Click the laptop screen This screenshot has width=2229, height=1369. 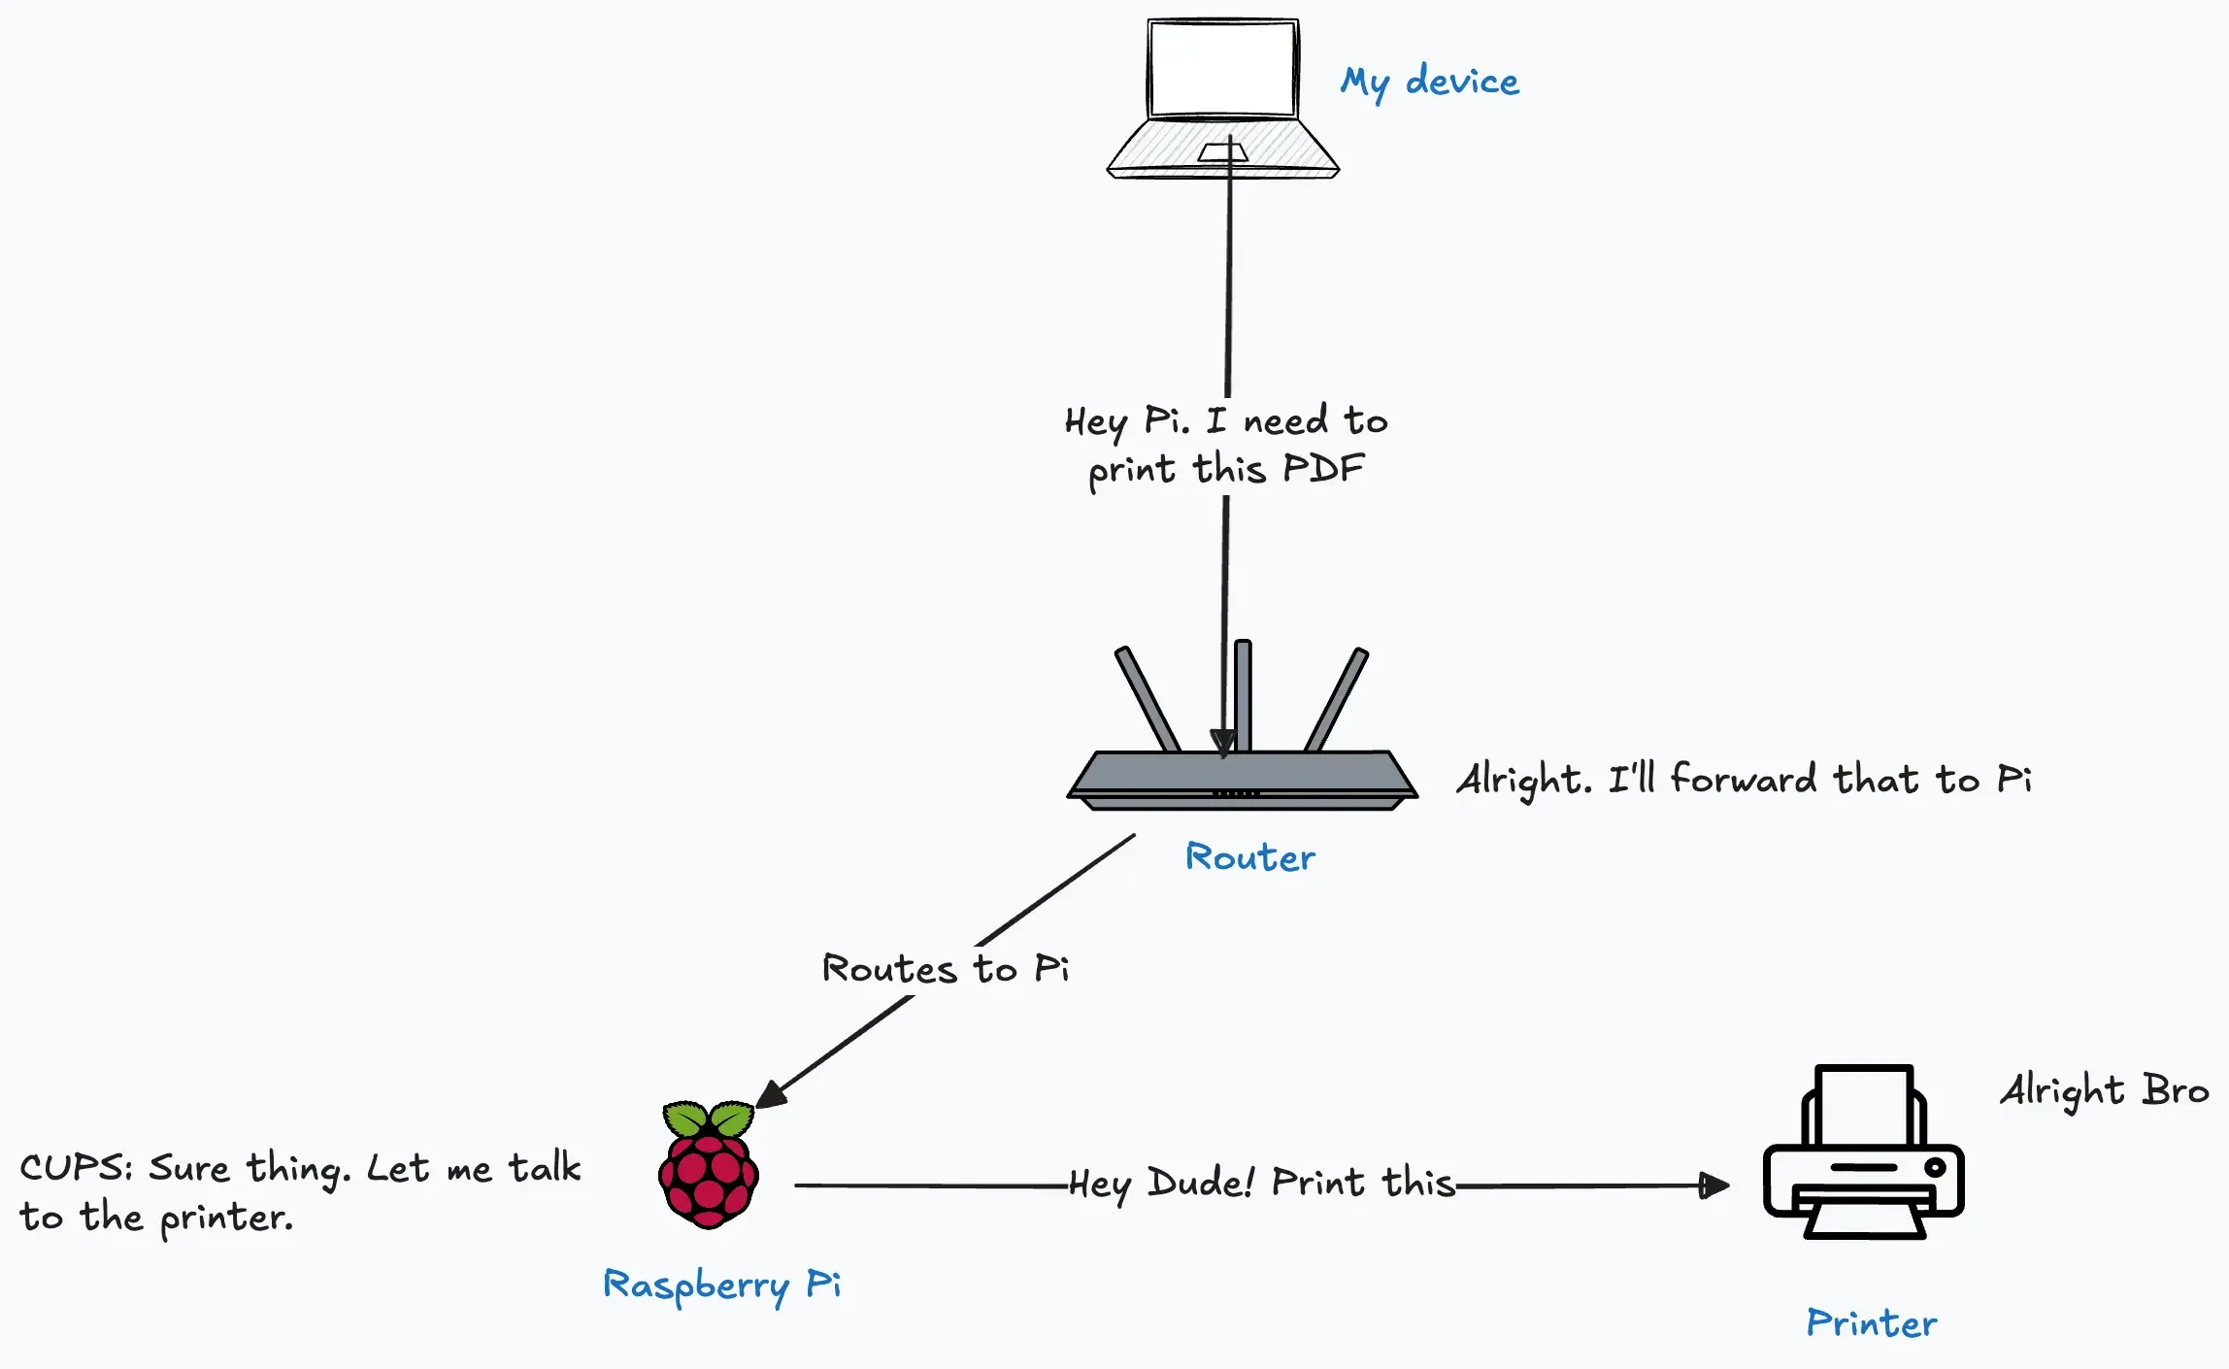point(1222,68)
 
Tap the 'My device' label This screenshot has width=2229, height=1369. point(1429,83)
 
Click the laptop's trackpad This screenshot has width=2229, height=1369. point(1222,152)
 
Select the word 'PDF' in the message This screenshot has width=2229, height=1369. point(1323,469)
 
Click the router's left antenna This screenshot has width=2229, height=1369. point(1147,699)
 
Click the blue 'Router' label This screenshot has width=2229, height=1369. point(1249,857)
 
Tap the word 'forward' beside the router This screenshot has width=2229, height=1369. point(1743,780)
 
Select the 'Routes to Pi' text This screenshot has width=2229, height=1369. point(945,969)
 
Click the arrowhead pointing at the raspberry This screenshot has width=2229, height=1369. point(771,1094)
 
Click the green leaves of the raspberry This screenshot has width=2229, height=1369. point(708,1119)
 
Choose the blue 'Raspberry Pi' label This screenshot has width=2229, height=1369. point(721,1286)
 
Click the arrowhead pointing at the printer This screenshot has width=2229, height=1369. point(1714,1185)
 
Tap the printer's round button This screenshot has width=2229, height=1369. point(1934,1167)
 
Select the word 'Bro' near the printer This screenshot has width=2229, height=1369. point(2175,1090)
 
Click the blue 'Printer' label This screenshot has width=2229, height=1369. point(1871,1323)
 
